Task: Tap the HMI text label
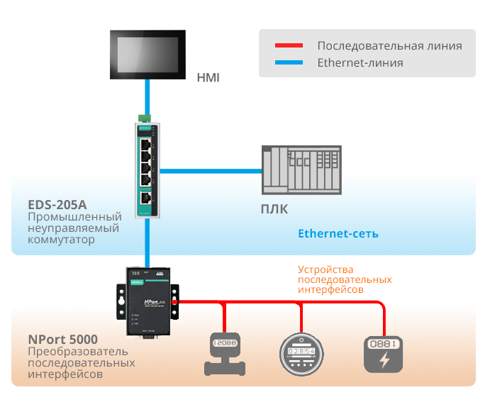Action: tap(208, 77)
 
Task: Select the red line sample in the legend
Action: tap(289, 46)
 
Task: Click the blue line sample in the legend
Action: tap(289, 63)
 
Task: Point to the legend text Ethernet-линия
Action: tap(360, 63)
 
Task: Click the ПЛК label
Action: tap(275, 209)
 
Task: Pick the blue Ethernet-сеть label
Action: tap(338, 233)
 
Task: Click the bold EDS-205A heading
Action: tap(57, 204)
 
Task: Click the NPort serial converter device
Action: tap(147, 301)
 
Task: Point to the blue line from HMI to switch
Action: tap(147, 96)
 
